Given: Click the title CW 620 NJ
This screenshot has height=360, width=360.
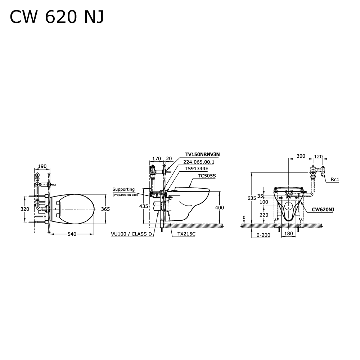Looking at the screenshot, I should [x=57, y=17].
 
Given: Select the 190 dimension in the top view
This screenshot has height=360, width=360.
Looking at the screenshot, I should [x=42, y=166].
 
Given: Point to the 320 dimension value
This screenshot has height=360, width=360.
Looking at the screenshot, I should [x=24, y=209].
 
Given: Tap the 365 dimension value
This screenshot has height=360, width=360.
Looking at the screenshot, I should [x=105, y=209].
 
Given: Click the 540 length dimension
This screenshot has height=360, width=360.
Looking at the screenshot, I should [x=72, y=234].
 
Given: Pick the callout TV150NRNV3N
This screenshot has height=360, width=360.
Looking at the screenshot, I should [x=202, y=154].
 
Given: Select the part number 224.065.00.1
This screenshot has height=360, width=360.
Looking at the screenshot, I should [x=199, y=162].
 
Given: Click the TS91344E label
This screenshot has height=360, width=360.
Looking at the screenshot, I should [x=197, y=168].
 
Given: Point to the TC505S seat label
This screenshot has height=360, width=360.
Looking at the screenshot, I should [x=207, y=176].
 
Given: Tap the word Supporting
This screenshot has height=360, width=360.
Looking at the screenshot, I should [x=123, y=189].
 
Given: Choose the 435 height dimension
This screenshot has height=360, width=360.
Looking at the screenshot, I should [x=144, y=206].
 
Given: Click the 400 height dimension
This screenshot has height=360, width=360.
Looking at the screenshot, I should [x=219, y=208].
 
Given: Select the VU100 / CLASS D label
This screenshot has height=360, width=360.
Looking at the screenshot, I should [x=131, y=234].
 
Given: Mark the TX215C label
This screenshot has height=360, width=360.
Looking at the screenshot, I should [x=186, y=234].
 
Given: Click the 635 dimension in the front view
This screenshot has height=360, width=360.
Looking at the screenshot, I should [x=252, y=198].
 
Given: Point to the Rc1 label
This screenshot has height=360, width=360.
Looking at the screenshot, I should [x=335, y=179].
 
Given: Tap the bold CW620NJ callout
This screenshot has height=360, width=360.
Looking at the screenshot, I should [x=323, y=209].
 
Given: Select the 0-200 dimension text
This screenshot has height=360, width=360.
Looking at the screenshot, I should [x=263, y=235].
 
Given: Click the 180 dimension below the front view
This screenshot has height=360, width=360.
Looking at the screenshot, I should [x=289, y=234].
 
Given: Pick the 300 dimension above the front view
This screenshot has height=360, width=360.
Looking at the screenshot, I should [x=301, y=156].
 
